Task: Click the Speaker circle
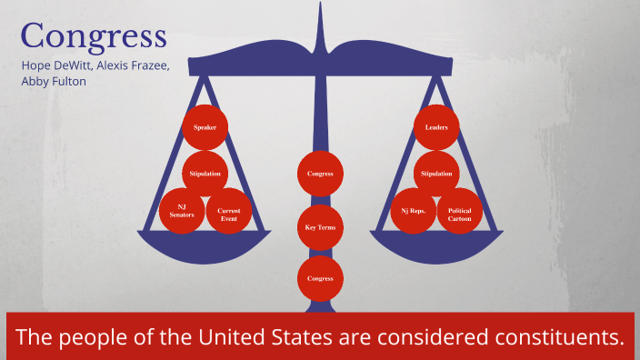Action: point(205,128)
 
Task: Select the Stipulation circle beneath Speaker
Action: point(205,173)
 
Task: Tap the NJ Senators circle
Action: point(183,211)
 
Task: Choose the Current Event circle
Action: point(228,212)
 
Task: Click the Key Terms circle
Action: point(321,226)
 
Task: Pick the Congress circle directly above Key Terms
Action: point(321,173)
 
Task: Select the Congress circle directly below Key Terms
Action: point(321,278)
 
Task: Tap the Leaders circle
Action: point(436,127)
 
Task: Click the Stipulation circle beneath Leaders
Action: point(436,173)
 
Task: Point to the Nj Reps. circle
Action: point(414,211)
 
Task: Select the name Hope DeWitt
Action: point(54,65)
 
